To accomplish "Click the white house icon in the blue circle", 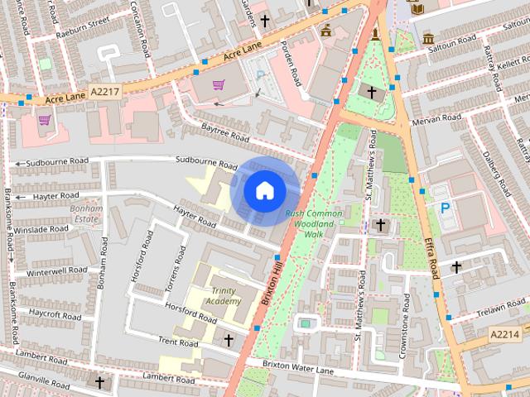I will coord(264,190).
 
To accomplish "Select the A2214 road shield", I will coord(503,334).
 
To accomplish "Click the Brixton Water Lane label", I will coord(298,367).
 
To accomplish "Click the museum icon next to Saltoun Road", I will coord(428,38).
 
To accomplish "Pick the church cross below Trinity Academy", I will coord(229,340).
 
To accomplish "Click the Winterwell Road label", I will coord(56,270).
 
